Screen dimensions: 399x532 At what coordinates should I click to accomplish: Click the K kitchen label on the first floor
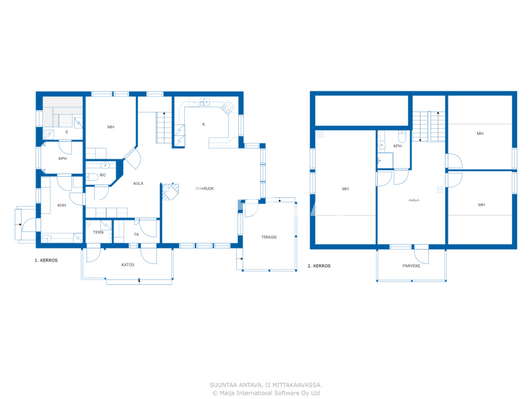(x=204, y=124)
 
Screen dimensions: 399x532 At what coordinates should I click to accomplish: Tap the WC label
(x=102, y=175)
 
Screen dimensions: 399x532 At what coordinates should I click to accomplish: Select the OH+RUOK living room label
(x=204, y=187)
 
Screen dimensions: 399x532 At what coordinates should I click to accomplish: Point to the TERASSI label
(x=268, y=237)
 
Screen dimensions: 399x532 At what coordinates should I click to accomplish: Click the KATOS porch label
(x=128, y=265)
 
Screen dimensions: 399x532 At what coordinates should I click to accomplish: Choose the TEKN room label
(x=98, y=232)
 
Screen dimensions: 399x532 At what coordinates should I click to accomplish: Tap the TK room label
(x=135, y=234)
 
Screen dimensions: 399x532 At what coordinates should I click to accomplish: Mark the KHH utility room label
(x=61, y=206)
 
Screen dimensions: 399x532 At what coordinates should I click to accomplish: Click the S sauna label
(x=66, y=132)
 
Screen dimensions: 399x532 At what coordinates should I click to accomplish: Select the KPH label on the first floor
(x=62, y=158)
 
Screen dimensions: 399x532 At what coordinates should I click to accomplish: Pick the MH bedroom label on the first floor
(x=110, y=127)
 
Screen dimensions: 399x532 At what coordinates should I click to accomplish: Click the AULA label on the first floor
(x=139, y=183)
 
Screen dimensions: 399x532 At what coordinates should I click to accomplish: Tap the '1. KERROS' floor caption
(x=47, y=260)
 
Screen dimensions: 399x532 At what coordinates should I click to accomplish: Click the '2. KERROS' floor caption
(x=319, y=266)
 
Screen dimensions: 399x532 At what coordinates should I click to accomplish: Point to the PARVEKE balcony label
(x=410, y=266)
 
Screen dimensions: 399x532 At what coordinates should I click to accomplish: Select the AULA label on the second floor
(x=413, y=199)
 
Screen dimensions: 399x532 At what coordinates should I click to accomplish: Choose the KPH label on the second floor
(x=397, y=146)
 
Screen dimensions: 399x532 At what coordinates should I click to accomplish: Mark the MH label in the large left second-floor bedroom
(x=345, y=189)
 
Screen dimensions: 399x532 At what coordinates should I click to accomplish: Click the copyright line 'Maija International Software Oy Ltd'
(x=266, y=392)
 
